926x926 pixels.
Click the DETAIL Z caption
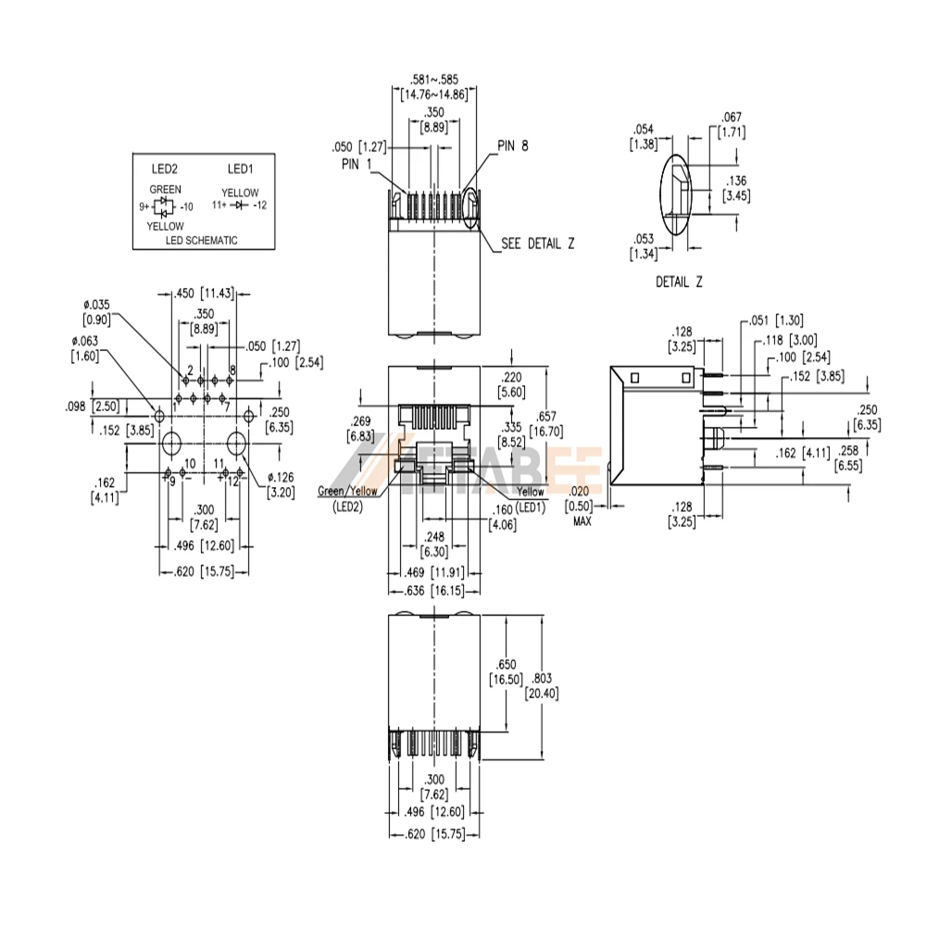point(679,282)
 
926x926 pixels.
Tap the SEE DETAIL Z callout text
point(537,244)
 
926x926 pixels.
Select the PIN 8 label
point(513,146)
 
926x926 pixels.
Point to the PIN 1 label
point(357,164)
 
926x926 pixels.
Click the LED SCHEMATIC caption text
point(201,241)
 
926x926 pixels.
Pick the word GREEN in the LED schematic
point(166,189)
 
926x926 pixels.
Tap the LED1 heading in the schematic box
point(241,169)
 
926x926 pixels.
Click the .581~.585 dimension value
point(434,79)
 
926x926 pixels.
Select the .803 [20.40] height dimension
point(542,685)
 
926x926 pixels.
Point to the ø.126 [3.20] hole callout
point(281,485)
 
